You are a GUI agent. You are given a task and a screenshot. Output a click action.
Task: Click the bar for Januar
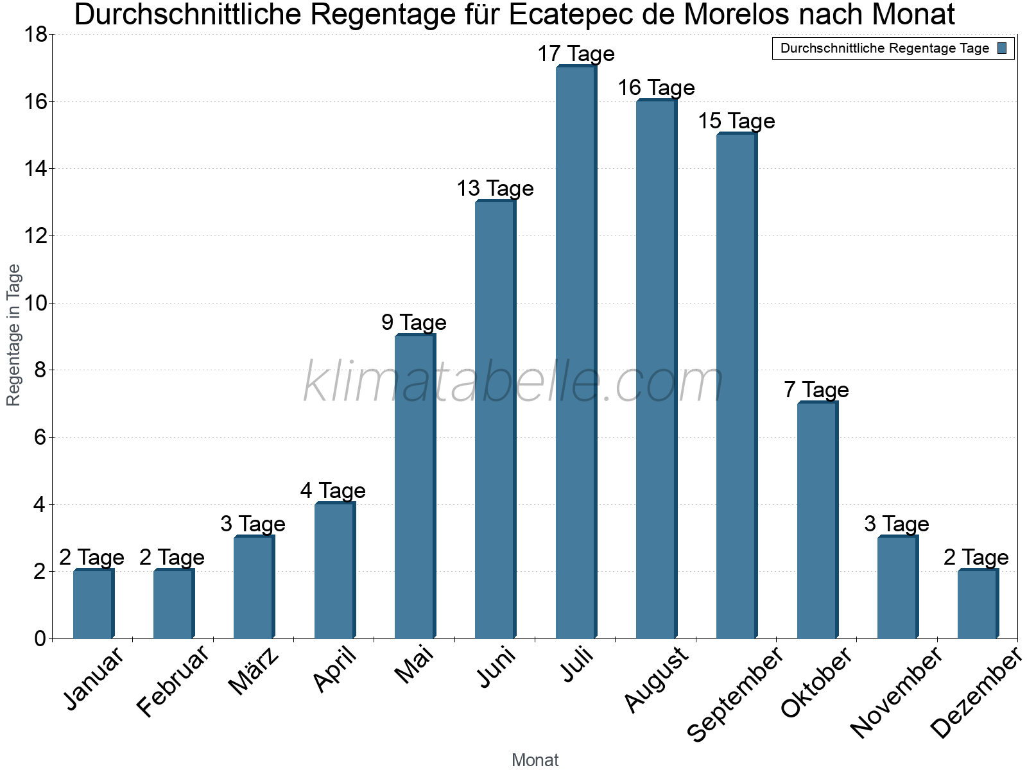[x=93, y=604]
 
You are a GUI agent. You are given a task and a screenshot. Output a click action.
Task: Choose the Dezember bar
[x=978, y=604]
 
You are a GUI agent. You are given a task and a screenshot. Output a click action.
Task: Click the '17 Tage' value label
[x=576, y=54]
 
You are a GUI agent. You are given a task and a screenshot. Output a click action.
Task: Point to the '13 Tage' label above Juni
[x=495, y=189]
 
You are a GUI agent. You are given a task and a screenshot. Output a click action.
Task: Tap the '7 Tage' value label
[x=816, y=390]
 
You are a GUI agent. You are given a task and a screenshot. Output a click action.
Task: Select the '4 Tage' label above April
[x=332, y=491]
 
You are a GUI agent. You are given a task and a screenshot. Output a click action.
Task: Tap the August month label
[x=656, y=680]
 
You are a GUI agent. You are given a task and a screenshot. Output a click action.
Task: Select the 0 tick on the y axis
[x=40, y=638]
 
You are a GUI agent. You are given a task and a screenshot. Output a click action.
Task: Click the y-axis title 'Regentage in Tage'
[x=14, y=335]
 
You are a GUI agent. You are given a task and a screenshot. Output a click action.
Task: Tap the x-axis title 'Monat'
[x=535, y=760]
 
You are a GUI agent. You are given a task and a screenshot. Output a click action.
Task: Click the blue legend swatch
[x=1003, y=48]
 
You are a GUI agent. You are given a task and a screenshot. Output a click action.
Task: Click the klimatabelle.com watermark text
[x=513, y=382]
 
